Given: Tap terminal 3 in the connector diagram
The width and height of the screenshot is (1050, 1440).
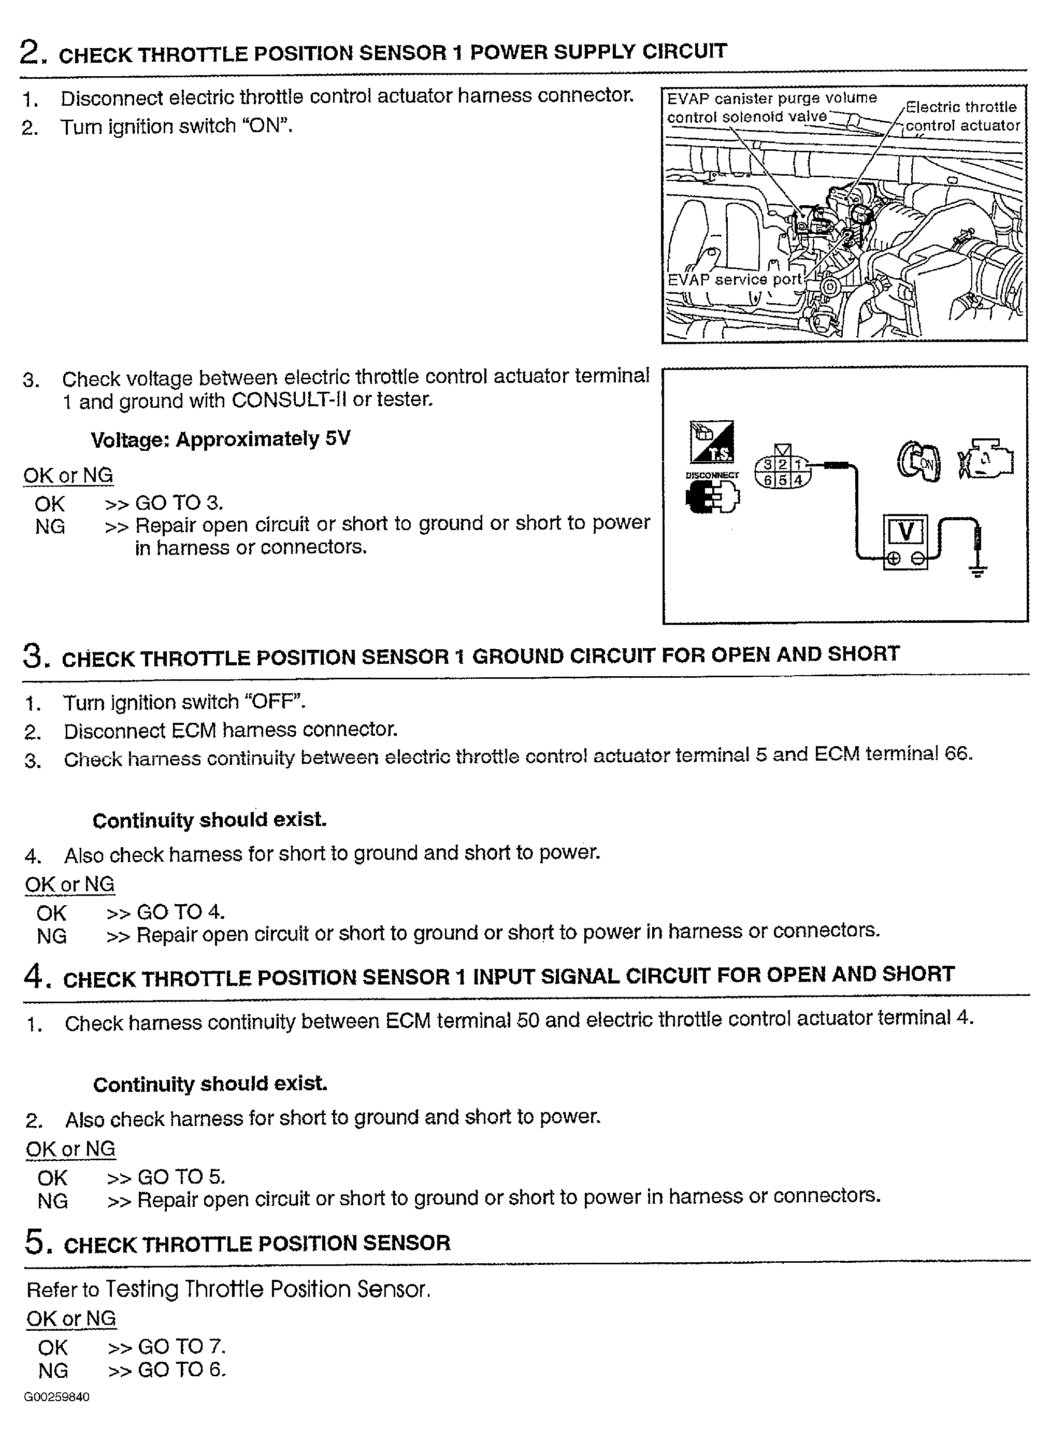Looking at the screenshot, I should coord(768,465).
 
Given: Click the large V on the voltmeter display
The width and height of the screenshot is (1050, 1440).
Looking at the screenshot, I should coord(905,531).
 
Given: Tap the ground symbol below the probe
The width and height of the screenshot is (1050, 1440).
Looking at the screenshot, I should coord(978,572).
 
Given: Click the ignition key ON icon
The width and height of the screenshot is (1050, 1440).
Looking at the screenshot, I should coord(919,462).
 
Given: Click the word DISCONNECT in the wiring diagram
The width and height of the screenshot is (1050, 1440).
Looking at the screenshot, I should coord(712,475).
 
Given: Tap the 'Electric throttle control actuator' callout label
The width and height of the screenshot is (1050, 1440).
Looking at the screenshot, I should coord(961,117).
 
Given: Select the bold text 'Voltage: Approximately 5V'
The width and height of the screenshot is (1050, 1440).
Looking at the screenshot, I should coord(220,439).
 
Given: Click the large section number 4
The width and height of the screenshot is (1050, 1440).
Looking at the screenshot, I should coord(33,975).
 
